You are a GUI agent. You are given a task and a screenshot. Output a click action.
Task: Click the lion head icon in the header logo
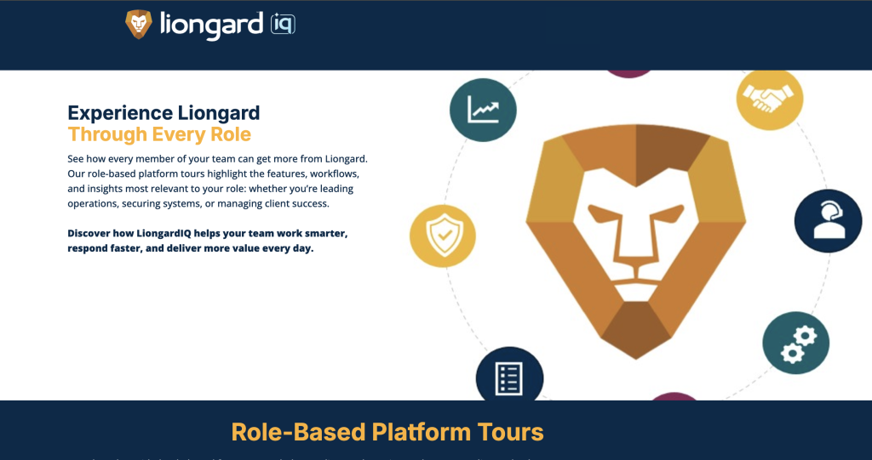139,24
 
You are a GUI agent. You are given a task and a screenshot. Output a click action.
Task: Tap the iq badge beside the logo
283,25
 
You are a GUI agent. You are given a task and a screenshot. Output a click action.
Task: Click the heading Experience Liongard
163,113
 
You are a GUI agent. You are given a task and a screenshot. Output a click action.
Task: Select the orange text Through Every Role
159,134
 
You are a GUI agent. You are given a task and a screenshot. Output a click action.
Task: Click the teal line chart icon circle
483,110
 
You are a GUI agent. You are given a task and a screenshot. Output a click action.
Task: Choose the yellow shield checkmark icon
442,235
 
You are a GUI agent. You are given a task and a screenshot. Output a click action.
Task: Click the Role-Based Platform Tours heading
387,432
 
